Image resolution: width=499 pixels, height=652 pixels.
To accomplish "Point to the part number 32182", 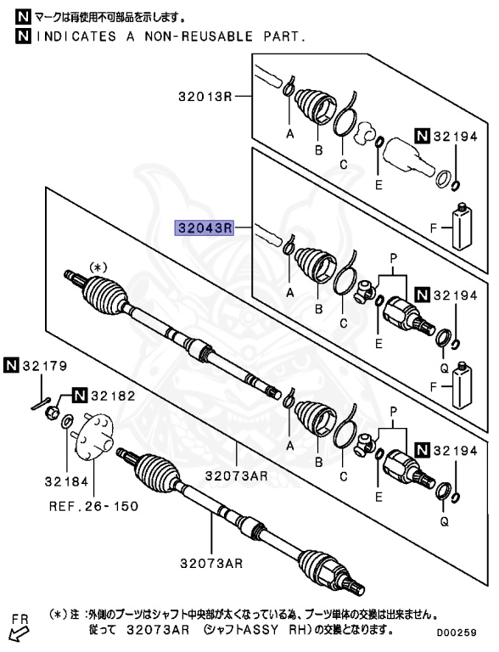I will (106, 395).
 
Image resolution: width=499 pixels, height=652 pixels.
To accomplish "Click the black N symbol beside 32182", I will (79, 395).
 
